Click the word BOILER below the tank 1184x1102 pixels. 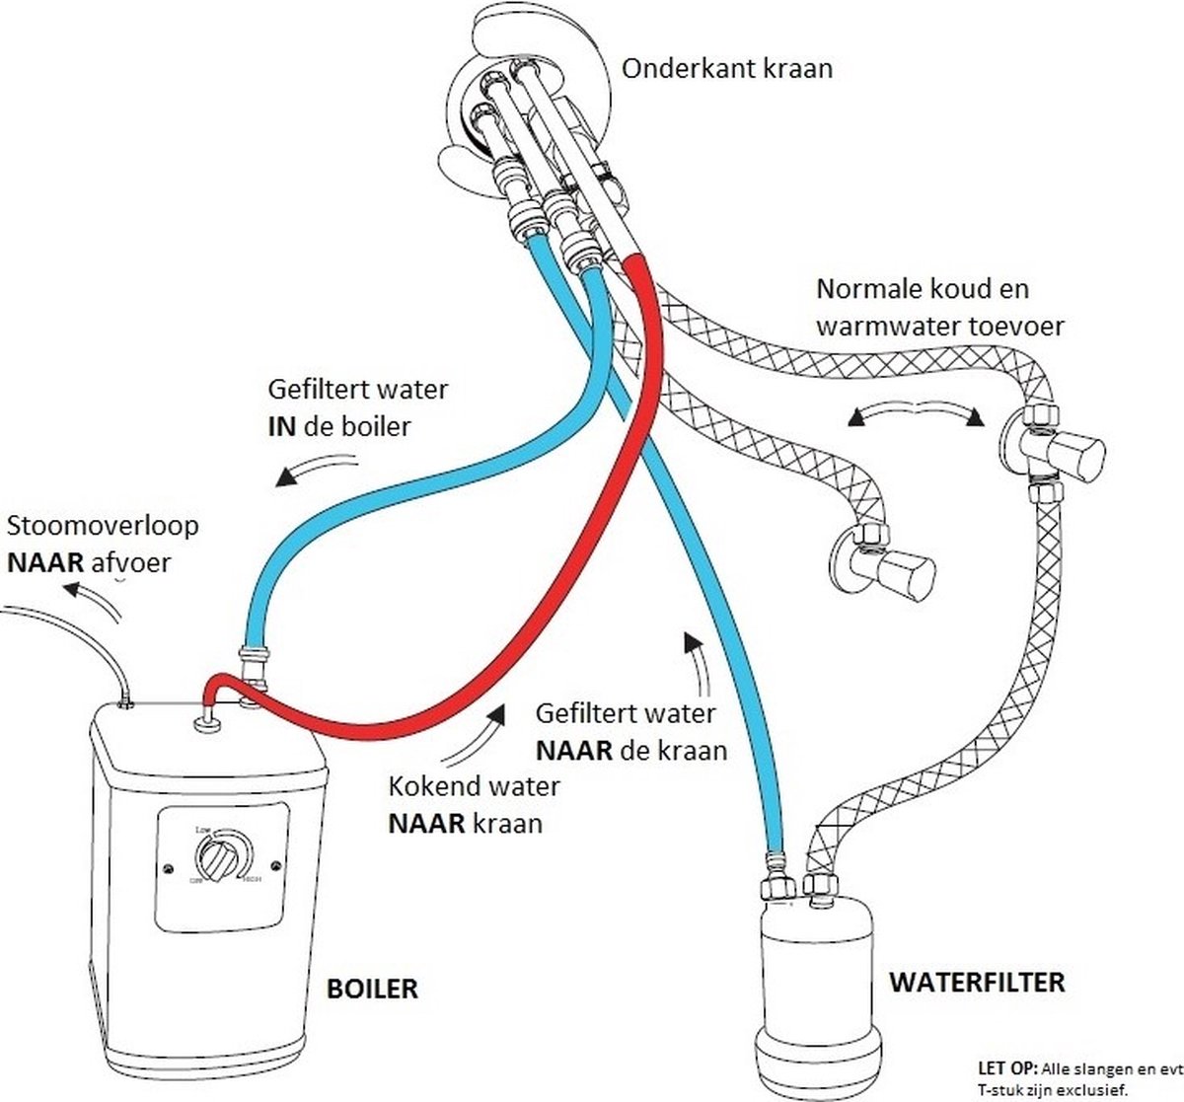pos(371,988)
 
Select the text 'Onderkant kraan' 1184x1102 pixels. pos(727,68)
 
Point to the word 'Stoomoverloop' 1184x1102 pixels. pos(103,525)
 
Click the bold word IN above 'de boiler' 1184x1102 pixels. pos(282,426)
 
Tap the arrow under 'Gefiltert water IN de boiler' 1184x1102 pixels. pos(315,469)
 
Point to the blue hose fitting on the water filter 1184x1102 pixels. pos(778,877)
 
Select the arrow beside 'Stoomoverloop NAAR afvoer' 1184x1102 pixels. pos(94,597)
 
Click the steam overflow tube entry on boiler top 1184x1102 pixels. pos(125,701)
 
